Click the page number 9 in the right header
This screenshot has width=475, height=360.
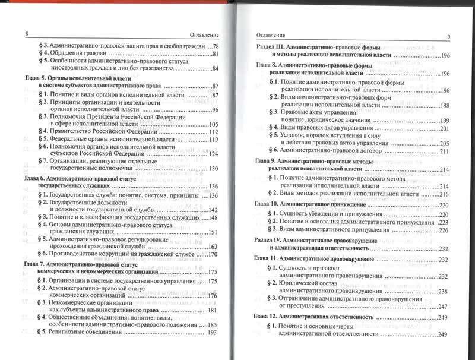click(449, 37)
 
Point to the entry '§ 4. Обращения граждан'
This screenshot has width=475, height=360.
click(71, 55)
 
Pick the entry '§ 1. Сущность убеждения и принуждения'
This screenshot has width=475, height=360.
click(328, 213)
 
